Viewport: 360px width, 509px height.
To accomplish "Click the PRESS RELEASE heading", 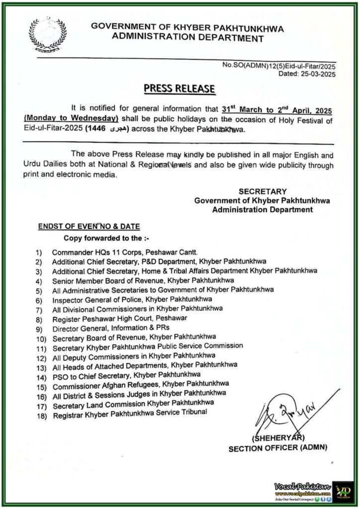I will click(x=180, y=89).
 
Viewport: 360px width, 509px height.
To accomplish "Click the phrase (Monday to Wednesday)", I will click(x=71, y=118).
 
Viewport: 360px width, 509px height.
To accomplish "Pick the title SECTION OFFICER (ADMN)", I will click(x=278, y=448).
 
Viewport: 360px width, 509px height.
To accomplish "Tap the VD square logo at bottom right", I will click(x=343, y=490).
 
